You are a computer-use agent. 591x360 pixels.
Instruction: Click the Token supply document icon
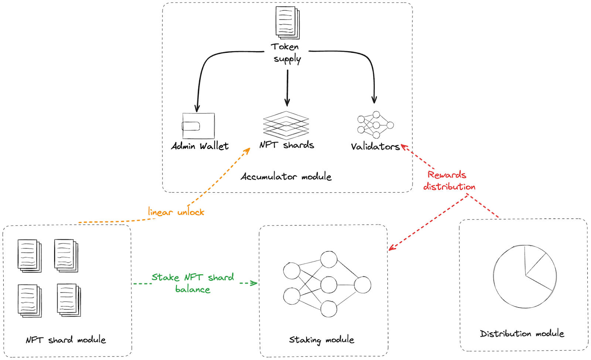click(x=287, y=23)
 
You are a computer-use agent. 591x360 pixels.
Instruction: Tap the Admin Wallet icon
click(x=198, y=126)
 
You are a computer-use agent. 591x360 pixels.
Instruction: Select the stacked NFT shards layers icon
click(x=286, y=126)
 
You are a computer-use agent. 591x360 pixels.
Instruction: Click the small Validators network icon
click(x=375, y=125)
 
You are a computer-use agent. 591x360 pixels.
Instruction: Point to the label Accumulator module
click(x=286, y=176)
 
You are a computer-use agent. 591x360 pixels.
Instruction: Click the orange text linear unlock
click(x=176, y=212)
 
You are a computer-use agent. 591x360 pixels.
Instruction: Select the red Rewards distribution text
click(x=448, y=181)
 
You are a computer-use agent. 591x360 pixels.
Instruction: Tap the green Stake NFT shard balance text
click(x=192, y=283)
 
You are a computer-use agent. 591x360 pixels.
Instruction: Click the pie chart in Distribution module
click(x=525, y=276)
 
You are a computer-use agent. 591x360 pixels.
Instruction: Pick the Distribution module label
click(x=522, y=333)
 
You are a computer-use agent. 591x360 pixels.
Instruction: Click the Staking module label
click(x=321, y=339)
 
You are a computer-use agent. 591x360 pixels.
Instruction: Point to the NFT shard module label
click(x=66, y=339)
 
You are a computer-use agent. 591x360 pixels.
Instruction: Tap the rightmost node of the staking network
click(x=362, y=285)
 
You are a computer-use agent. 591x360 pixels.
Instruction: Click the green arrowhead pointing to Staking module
click(x=254, y=283)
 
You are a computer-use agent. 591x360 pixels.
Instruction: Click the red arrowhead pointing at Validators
click(x=404, y=147)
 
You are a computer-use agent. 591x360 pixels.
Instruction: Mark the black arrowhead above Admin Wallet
click(x=197, y=109)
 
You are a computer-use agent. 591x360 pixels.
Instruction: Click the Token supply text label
click(x=286, y=52)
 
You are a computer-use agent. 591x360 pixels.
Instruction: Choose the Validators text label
click(x=375, y=147)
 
